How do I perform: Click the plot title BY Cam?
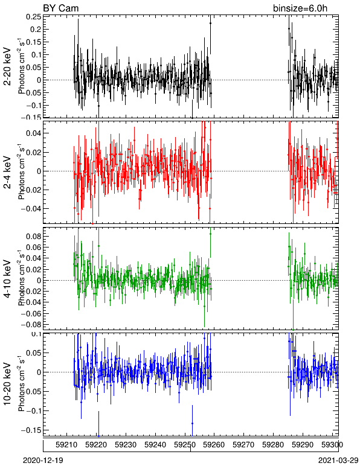60,8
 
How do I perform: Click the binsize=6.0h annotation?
300,8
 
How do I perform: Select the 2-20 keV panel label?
7,66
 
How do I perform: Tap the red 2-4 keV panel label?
7,173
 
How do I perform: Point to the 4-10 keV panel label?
7,279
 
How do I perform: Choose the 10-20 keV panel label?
7,384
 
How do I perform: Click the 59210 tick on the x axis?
66,445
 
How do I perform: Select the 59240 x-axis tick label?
155,445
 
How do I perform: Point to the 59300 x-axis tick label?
332,445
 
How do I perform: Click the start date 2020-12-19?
43,461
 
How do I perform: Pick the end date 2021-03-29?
338,461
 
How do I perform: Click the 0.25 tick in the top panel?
34,17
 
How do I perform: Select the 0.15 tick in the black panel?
34,42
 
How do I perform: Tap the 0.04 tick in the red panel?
34,133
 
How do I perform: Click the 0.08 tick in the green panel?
34,236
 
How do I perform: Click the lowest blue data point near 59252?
192,423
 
